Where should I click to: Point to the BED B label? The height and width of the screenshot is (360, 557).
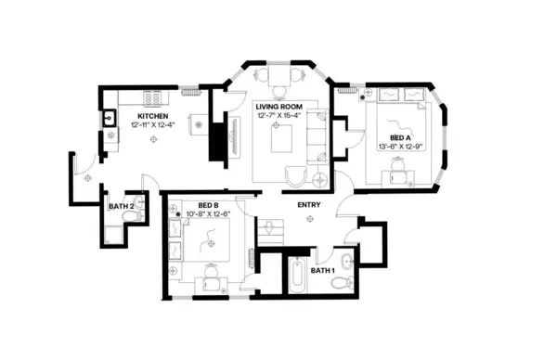tap(207, 205)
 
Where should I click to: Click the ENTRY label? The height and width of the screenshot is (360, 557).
tap(309, 204)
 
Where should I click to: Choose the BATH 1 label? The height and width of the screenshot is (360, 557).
tap(321, 272)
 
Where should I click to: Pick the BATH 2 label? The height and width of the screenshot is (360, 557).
tap(120, 206)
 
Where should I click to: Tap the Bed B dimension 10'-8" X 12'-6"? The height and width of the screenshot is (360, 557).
tap(207, 214)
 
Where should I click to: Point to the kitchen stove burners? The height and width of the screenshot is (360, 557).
tap(151, 96)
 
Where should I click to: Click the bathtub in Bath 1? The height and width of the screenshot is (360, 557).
tap(296, 276)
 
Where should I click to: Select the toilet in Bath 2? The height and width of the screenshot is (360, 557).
tap(131, 216)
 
